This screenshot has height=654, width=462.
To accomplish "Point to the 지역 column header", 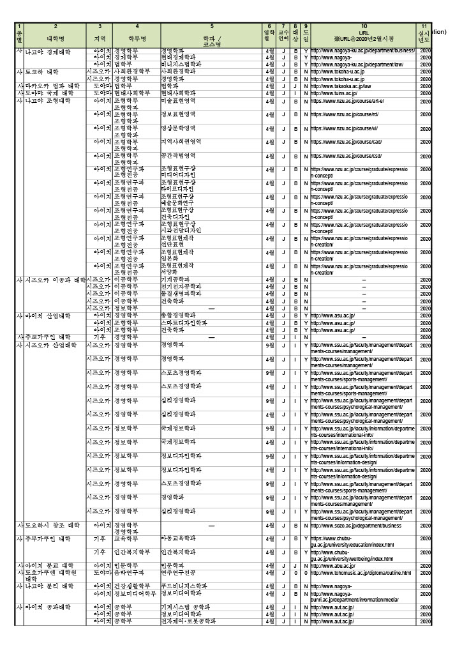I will [x=100, y=38].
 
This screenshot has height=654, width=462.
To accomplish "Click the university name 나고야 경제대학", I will [x=48, y=51].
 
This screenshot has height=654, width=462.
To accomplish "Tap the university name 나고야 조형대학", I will [x=48, y=100].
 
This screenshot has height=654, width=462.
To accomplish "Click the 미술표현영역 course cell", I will [x=178, y=100].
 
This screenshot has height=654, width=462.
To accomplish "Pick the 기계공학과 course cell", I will [x=175, y=280].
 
